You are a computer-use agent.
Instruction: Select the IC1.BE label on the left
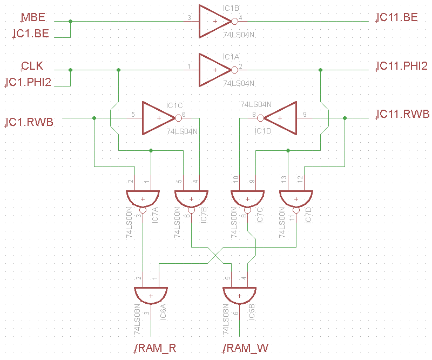tap(31, 34)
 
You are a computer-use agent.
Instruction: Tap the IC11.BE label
tap(397, 17)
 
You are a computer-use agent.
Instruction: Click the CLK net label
tap(32, 66)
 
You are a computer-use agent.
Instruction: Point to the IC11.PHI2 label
tap(402, 66)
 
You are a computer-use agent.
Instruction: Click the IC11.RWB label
tap(402, 114)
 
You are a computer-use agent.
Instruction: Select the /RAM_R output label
tap(156, 348)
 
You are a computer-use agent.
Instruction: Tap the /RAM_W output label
tap(246, 348)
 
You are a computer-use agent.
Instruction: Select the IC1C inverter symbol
tap(158, 118)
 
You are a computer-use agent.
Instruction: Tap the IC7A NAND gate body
tap(143, 198)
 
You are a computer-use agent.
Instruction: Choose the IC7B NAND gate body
tap(191, 198)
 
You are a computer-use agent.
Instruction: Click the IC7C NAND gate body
tap(247, 198)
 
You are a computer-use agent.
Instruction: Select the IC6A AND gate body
tap(151, 295)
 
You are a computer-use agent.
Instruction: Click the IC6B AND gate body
tap(239, 295)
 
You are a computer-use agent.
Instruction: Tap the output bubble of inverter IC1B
tap(234, 22)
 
